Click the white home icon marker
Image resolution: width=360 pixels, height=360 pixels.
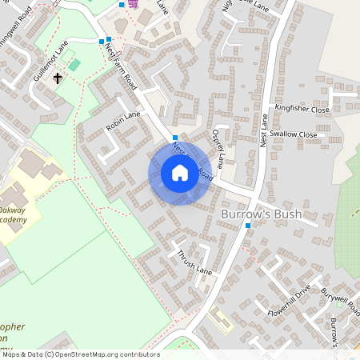coord(180,172)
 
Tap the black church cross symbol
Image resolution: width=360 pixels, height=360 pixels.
coord(58,78)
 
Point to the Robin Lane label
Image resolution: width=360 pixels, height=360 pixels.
coord(122,121)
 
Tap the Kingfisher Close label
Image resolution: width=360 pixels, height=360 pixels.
coord(302,108)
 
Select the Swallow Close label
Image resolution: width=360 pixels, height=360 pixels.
coord(293,134)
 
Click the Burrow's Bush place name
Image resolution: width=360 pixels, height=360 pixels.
coord(267,216)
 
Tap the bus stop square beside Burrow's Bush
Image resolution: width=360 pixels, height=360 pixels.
coord(248,226)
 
